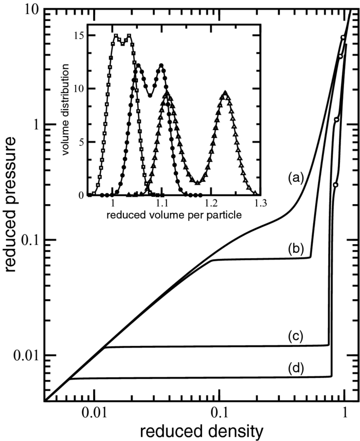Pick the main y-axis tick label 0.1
24,240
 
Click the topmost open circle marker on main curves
343,37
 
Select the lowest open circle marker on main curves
335,185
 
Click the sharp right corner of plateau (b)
311,256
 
